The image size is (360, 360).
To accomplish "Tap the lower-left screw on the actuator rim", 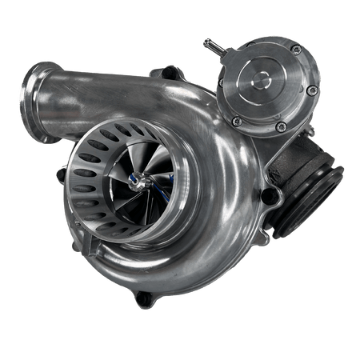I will point(238,120).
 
